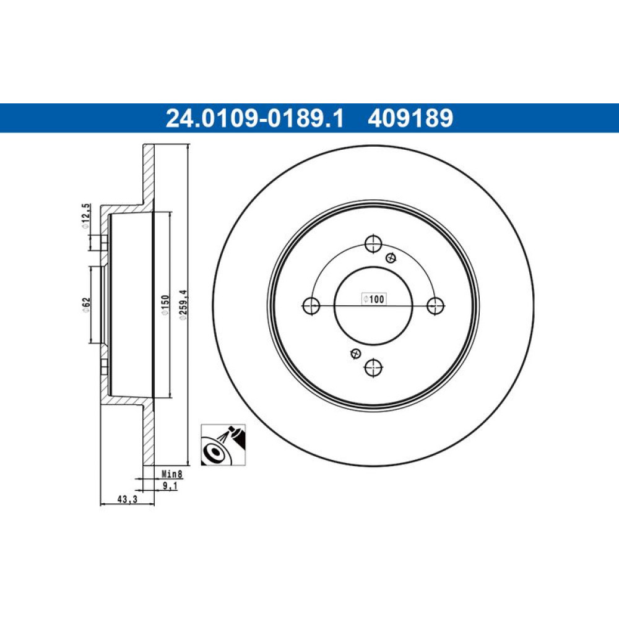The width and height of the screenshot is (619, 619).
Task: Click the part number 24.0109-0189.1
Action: [x=255, y=118]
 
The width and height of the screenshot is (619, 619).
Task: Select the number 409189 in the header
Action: [x=410, y=118]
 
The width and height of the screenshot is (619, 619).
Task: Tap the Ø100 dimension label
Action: [x=374, y=299]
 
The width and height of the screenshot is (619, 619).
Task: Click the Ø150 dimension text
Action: [x=165, y=305]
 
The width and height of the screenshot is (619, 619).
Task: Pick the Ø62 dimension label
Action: [x=86, y=305]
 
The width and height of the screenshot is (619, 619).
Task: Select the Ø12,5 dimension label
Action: [x=85, y=216]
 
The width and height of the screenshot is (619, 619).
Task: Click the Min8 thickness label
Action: [x=172, y=474]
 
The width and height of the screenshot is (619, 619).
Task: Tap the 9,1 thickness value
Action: [x=170, y=485]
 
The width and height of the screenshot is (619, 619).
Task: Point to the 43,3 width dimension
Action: [x=127, y=500]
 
